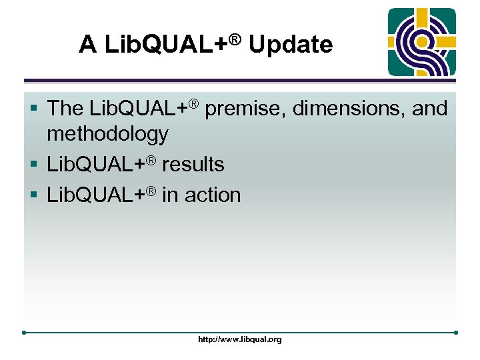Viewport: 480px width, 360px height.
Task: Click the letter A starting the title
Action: tap(87, 45)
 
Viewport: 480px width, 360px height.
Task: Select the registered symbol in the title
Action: tap(234, 38)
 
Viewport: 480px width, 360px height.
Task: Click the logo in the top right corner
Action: tap(422, 42)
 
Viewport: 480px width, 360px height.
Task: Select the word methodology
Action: tap(107, 134)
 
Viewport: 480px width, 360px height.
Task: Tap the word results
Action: tap(193, 164)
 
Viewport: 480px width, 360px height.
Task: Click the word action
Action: tap(213, 195)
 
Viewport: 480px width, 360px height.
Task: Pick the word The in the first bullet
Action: tap(66, 108)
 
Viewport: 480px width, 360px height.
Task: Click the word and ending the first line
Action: tap(429, 108)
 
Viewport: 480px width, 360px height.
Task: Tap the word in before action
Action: tap(170, 195)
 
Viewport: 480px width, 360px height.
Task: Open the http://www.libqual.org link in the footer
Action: tap(240, 339)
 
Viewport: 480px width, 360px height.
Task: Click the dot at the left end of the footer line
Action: tap(24, 332)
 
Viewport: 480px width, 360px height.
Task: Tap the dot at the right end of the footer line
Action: tap(456, 332)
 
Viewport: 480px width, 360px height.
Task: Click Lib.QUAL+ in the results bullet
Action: tap(97, 164)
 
